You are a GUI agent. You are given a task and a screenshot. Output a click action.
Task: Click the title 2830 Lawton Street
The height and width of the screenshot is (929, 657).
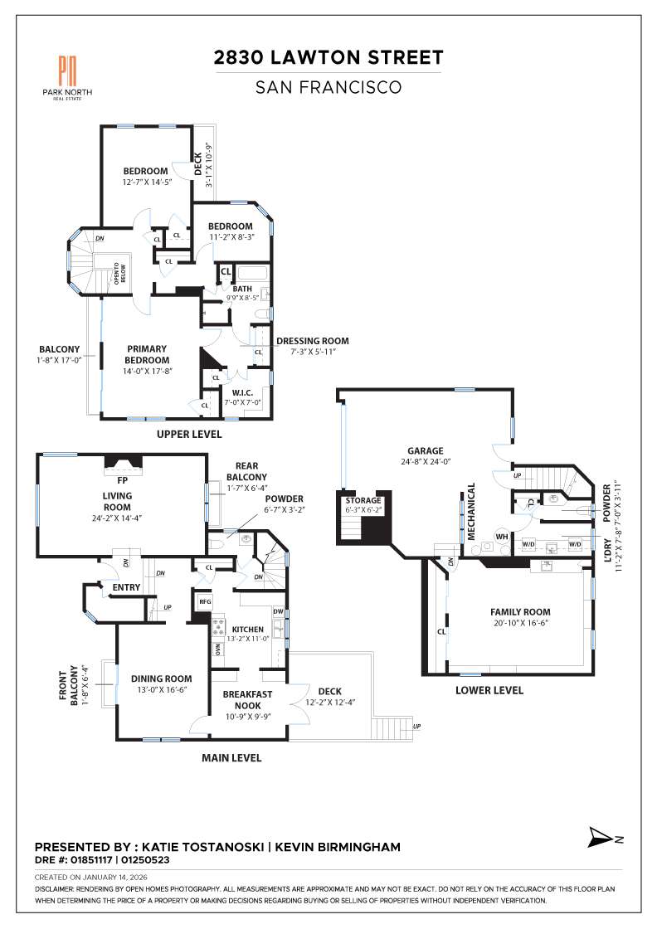tap(328, 57)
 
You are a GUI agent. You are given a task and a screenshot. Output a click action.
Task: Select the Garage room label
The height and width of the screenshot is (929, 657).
tap(425, 451)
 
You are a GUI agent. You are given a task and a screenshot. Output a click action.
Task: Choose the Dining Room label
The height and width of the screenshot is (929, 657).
tap(161, 679)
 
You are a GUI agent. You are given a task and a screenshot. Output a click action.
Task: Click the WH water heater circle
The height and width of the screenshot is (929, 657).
tap(501, 537)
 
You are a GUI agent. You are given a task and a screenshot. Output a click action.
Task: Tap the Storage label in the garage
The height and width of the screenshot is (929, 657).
tap(363, 500)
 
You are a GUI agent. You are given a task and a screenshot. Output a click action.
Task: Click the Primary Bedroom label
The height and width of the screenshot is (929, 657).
tap(148, 354)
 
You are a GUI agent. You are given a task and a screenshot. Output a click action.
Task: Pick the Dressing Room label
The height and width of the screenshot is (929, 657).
tap(312, 340)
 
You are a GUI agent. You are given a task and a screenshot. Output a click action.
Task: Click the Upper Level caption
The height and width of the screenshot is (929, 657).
tap(189, 434)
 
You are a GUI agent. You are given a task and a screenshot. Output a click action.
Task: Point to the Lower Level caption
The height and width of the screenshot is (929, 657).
tap(489, 690)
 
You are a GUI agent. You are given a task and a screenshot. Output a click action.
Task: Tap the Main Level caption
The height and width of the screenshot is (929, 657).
tap(232, 757)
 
